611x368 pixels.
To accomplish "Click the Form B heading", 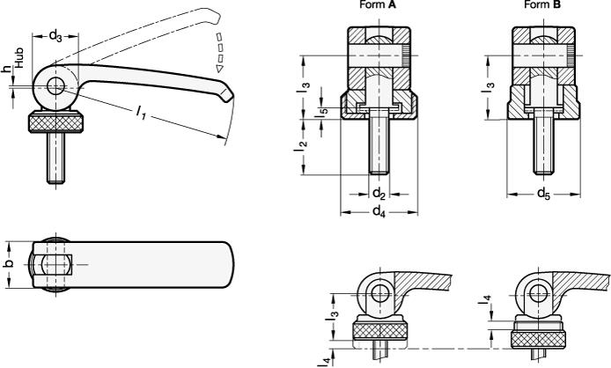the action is [542, 4].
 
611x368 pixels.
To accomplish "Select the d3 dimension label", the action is [55, 36].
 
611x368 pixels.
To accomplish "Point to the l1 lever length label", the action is [141, 113].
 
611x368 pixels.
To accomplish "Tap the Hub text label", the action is [19, 58].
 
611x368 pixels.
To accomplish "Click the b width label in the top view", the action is [10, 263].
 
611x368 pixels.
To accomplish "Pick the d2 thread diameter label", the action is [379, 193].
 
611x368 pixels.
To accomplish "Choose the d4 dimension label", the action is [379, 211].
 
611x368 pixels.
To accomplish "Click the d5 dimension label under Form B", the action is [543, 193].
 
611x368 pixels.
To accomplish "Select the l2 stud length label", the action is [301, 144].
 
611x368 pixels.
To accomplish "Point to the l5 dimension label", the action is [322, 110].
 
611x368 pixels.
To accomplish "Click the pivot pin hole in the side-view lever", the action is [55, 85].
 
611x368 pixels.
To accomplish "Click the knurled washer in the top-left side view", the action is [55, 122].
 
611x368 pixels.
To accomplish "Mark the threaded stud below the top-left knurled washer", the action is [55, 158].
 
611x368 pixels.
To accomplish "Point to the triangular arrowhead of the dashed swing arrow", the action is [219, 69].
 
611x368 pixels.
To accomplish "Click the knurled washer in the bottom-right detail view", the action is [538, 340].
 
